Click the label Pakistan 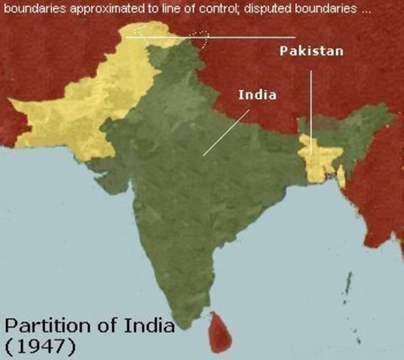tap(312, 51)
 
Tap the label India tap(258, 95)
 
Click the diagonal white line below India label tap(225, 133)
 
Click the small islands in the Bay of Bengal tap(348, 285)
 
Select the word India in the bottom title tap(150, 327)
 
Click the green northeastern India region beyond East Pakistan tap(360, 127)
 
